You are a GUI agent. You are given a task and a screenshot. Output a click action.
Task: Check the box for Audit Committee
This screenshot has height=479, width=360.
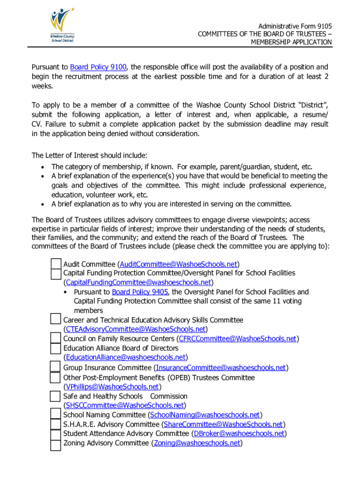click(x=56, y=264)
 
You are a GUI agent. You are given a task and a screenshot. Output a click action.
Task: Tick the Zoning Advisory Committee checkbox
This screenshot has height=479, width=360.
click(x=56, y=444)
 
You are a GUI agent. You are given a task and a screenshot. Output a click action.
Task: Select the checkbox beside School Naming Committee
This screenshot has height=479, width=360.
click(x=56, y=415)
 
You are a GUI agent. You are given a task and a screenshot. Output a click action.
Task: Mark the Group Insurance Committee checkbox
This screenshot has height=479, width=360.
click(x=56, y=367)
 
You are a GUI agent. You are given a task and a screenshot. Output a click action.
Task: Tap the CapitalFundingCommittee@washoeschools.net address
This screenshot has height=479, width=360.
click(x=138, y=283)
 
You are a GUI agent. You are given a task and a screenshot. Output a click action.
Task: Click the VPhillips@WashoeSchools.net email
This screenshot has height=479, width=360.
click(x=112, y=387)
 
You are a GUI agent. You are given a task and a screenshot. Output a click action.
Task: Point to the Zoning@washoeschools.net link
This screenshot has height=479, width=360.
click(x=197, y=443)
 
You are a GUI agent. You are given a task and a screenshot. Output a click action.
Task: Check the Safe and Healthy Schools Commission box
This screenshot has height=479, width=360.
click(x=56, y=397)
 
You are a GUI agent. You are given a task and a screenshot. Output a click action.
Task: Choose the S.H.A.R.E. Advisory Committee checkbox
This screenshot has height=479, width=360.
click(x=56, y=425)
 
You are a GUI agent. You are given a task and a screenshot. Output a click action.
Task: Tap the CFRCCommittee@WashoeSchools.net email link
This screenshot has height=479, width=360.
click(x=238, y=339)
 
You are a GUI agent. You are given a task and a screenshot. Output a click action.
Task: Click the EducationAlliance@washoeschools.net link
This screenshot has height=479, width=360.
click(x=125, y=358)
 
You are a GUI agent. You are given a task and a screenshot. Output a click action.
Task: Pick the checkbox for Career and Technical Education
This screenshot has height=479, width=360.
click(x=56, y=320)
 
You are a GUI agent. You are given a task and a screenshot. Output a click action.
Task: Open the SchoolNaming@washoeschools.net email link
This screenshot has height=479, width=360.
click(x=204, y=415)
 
